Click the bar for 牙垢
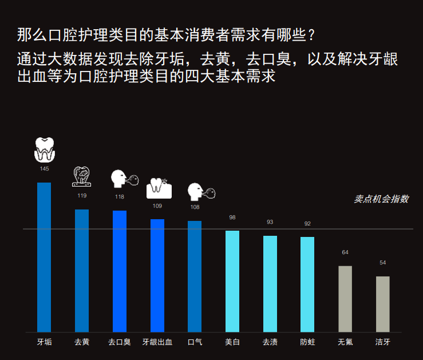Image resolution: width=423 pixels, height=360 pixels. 44,257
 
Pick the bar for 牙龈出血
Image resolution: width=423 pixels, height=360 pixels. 157,275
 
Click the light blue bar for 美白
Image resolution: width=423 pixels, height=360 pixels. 232,281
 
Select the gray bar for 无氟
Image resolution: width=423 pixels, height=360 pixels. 345,299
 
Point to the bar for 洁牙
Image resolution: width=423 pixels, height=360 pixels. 383,304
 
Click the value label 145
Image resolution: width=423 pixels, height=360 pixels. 44,169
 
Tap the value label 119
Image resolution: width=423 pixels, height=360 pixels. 82,196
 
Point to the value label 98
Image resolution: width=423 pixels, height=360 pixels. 232,217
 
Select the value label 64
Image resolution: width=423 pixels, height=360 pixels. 345,252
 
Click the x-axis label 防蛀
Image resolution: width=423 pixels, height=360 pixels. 307,342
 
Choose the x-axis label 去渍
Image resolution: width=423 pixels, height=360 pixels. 270,342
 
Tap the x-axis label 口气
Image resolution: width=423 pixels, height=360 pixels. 195,342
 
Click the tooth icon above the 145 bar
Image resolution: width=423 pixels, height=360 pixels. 45,149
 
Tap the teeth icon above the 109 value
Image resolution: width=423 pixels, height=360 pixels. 159,187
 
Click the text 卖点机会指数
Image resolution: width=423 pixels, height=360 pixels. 381,199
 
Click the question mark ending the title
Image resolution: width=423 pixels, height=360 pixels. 311,35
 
